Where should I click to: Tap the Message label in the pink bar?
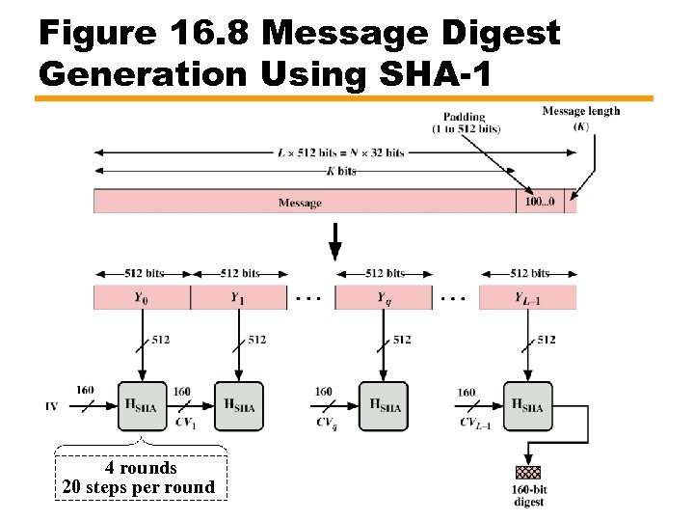click(300, 203)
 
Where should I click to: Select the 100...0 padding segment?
click(540, 202)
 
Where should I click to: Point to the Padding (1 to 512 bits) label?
click(467, 122)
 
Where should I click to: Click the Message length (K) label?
click(581, 118)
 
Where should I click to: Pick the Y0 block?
click(142, 297)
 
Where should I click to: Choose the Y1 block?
click(237, 297)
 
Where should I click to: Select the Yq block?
click(384, 297)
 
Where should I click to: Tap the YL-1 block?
click(527, 297)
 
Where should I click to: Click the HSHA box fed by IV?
click(142, 405)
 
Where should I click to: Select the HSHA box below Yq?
click(384, 405)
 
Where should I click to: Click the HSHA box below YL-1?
click(528, 405)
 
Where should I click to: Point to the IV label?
click(51, 406)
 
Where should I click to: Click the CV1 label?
click(185, 422)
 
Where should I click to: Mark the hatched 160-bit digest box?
click(528, 473)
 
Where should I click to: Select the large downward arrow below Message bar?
click(334, 241)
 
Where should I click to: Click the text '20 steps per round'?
click(139, 487)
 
